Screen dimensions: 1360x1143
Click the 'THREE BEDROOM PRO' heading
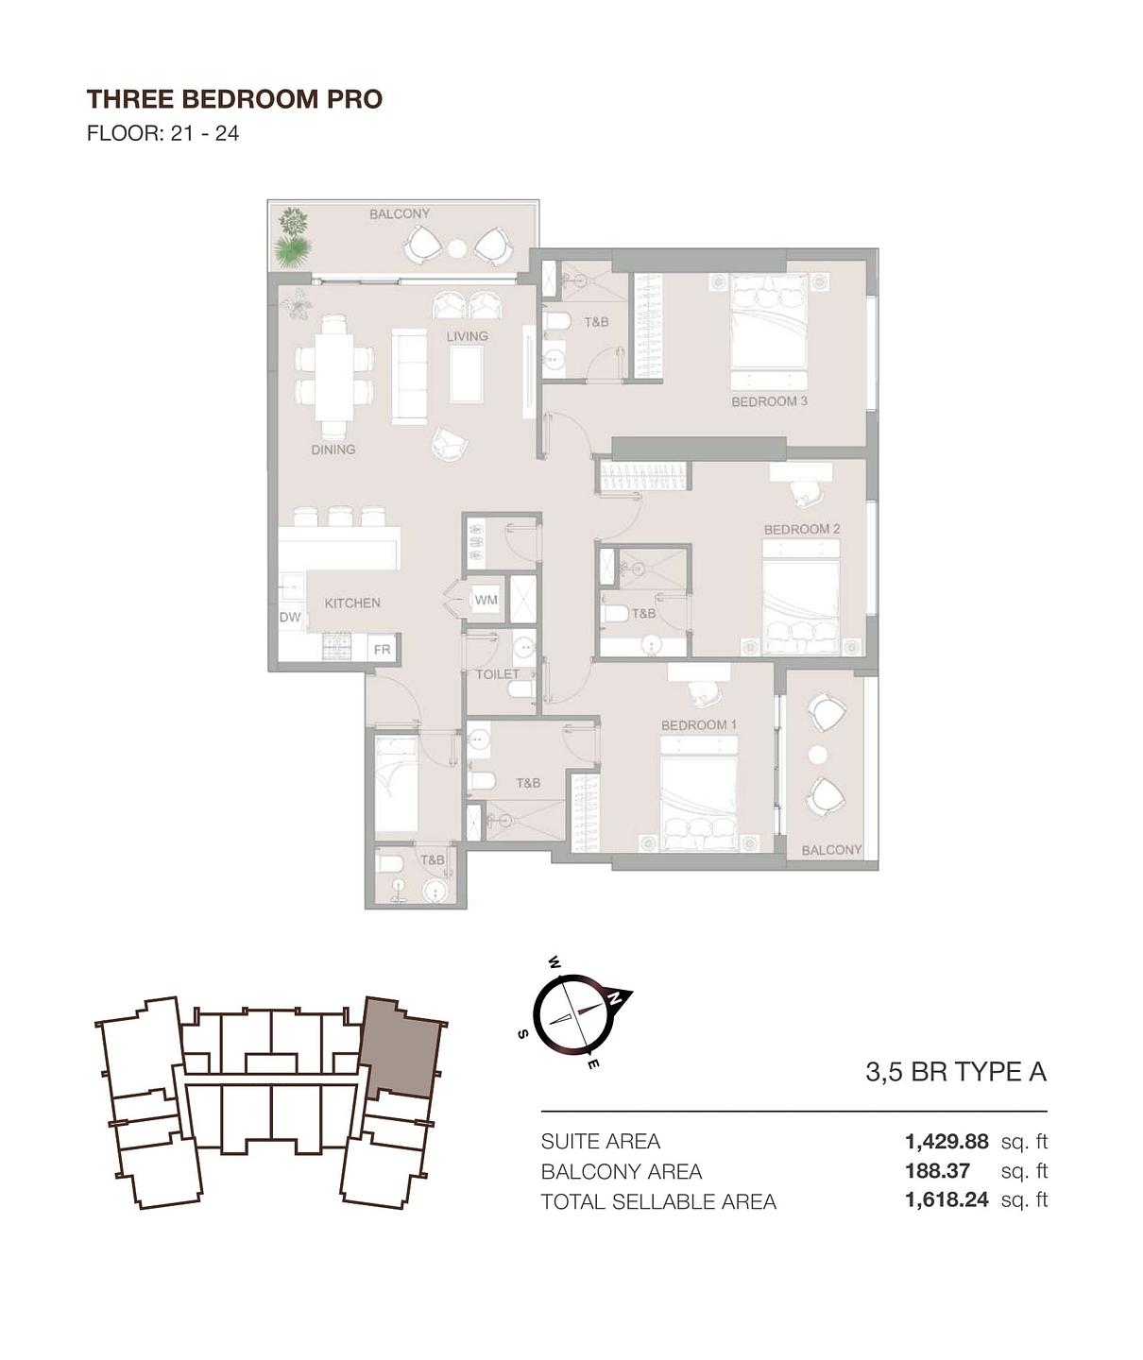(234, 99)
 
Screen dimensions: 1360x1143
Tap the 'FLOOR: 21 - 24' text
(162, 133)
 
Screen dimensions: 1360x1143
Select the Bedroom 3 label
(769, 401)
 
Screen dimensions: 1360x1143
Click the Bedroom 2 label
(801, 529)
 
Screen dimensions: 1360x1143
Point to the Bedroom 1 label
(698, 724)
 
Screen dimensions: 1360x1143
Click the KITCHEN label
(352, 603)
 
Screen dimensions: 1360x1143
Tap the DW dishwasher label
(289, 618)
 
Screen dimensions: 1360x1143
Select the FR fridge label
(382, 650)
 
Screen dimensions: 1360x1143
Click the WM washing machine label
(486, 600)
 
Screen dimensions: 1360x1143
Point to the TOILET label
(497, 673)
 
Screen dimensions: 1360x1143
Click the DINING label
(333, 450)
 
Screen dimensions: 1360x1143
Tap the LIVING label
(468, 336)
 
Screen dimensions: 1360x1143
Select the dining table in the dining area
(333, 372)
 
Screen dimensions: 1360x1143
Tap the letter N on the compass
(614, 997)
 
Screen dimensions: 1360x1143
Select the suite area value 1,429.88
(947, 1142)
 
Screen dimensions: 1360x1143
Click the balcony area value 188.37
(937, 1171)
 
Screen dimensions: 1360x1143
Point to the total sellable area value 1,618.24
(947, 1200)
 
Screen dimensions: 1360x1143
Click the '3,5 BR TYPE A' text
(956, 1072)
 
